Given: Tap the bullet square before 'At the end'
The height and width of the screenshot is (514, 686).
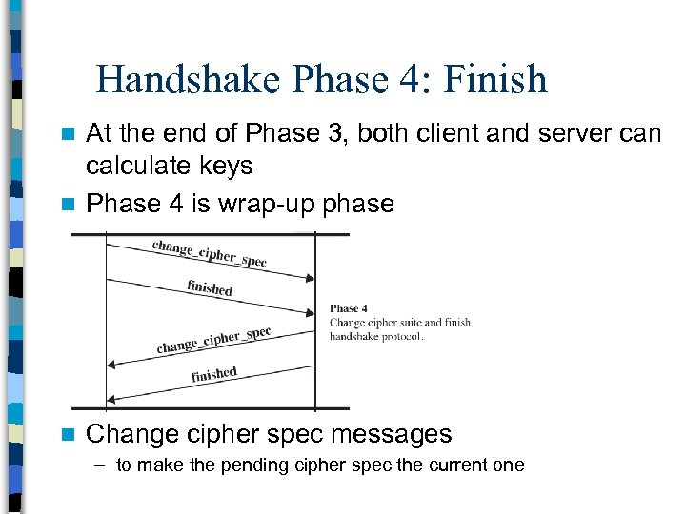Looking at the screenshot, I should point(67,134).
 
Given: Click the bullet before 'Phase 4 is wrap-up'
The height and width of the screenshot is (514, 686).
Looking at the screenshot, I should point(67,205).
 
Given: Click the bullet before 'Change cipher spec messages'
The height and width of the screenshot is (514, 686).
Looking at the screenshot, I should point(67,435).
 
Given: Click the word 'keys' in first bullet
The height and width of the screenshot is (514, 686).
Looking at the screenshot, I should point(227,167).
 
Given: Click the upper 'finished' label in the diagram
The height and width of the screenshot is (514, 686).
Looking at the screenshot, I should point(210,287).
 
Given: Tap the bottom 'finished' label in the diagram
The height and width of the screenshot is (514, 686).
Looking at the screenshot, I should point(213,374).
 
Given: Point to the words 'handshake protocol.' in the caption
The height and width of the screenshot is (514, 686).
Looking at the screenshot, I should point(376,336).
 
